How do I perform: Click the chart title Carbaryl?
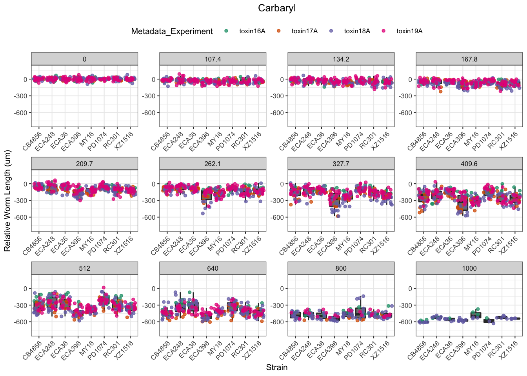tap(277, 8)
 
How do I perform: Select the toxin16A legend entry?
tap(252, 31)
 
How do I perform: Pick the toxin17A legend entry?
tap(304, 31)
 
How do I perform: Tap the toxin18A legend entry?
tap(357, 31)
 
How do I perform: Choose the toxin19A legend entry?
tap(409, 31)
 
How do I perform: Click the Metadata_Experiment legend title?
tap(172, 31)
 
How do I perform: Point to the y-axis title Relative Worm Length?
tap(7, 201)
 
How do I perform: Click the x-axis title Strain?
tap(277, 367)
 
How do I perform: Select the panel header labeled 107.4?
tap(213, 59)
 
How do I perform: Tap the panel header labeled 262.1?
tap(213, 164)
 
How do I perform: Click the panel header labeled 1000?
tap(469, 268)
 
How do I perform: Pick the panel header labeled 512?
tap(84, 268)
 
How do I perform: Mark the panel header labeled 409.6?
tap(469, 164)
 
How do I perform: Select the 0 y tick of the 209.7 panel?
tap(25, 184)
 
